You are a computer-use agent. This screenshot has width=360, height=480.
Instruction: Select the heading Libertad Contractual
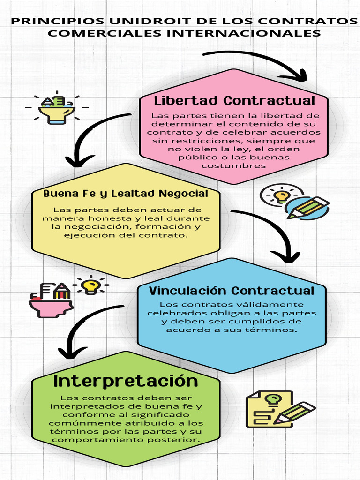click(234, 100)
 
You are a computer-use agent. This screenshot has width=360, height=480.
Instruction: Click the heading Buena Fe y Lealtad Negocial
click(126, 194)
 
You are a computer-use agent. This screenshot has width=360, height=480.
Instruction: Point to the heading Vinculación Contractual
click(232, 291)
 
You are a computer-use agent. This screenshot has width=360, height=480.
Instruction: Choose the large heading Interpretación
click(126, 381)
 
